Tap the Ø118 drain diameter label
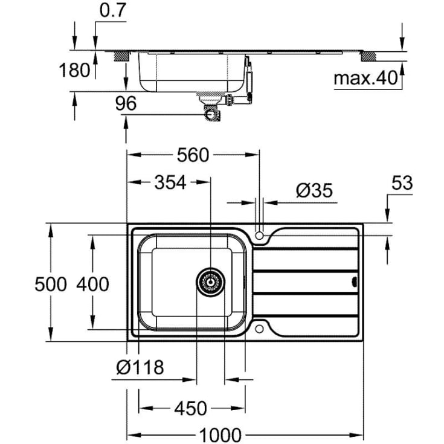pos(140,366)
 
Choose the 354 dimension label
pos(170,182)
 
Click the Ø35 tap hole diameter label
pos(314,191)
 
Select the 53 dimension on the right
pos(401,182)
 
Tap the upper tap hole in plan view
pos(260,235)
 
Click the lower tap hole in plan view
pos(260,329)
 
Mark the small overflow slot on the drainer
pos(355,282)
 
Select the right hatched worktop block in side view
pos(368,56)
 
